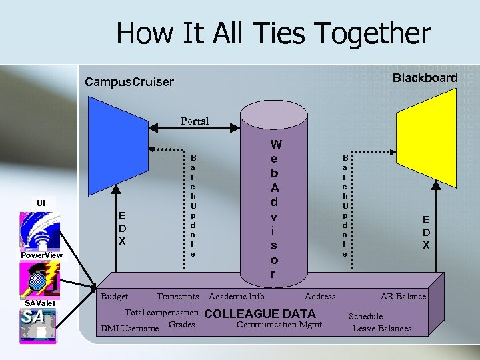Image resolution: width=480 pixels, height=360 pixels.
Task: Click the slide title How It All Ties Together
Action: (x=273, y=33)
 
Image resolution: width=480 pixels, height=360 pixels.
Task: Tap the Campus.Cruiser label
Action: (x=129, y=83)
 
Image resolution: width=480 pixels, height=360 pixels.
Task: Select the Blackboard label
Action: (x=425, y=78)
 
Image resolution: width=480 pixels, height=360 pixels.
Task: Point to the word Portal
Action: (x=195, y=121)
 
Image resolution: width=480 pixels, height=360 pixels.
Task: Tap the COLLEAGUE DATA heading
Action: (x=261, y=314)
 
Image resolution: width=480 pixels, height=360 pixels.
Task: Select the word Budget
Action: (x=114, y=296)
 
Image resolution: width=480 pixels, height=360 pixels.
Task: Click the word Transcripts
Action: (x=177, y=296)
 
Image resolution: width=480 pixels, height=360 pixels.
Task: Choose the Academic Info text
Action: (x=237, y=296)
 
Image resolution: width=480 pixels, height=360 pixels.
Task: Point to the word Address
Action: (x=320, y=296)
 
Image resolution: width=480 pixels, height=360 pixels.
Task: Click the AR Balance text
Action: (x=403, y=296)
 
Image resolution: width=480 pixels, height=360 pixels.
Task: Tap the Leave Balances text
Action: (x=382, y=328)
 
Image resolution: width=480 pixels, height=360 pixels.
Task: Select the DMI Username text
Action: (x=129, y=328)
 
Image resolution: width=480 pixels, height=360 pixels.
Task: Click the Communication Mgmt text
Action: (x=279, y=325)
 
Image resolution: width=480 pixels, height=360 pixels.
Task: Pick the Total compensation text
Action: (x=162, y=312)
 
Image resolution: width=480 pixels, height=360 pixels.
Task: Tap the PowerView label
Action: (x=41, y=255)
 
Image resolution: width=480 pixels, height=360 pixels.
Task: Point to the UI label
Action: (x=41, y=202)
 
